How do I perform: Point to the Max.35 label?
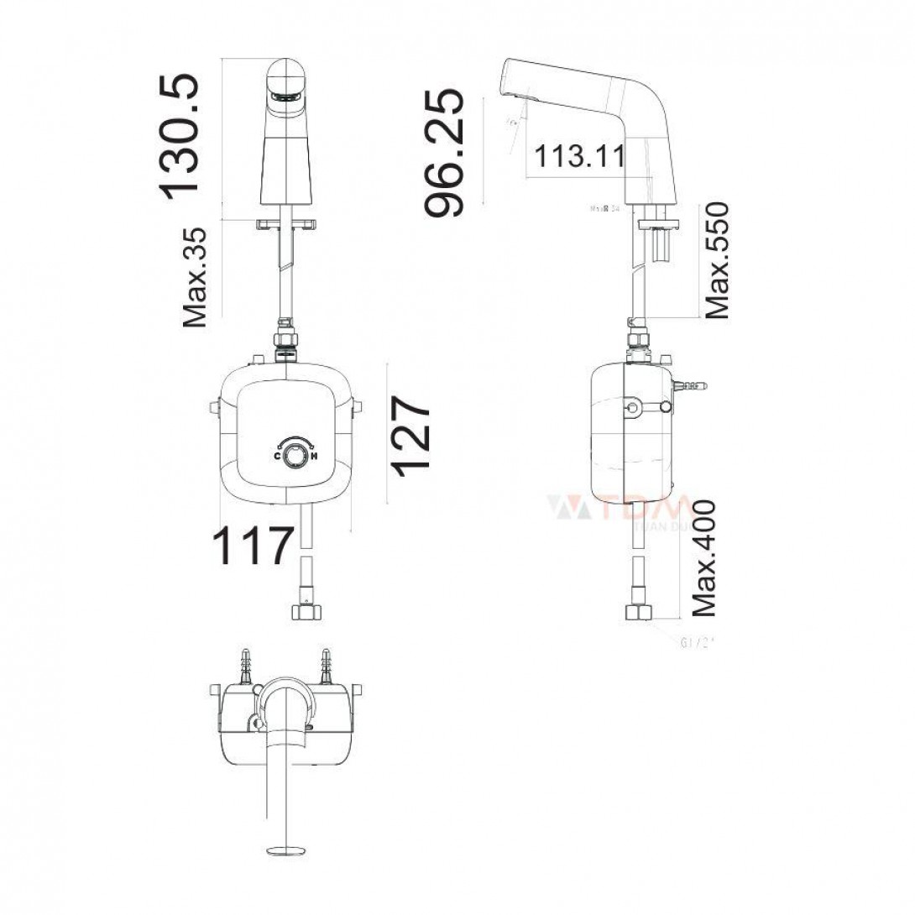pyautogui.click(x=195, y=276)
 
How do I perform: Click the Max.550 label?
pyautogui.click(x=717, y=260)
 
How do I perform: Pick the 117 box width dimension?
pyautogui.click(x=253, y=546)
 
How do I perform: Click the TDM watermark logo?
pyautogui.click(x=620, y=510)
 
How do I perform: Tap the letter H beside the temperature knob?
pyautogui.click(x=313, y=457)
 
